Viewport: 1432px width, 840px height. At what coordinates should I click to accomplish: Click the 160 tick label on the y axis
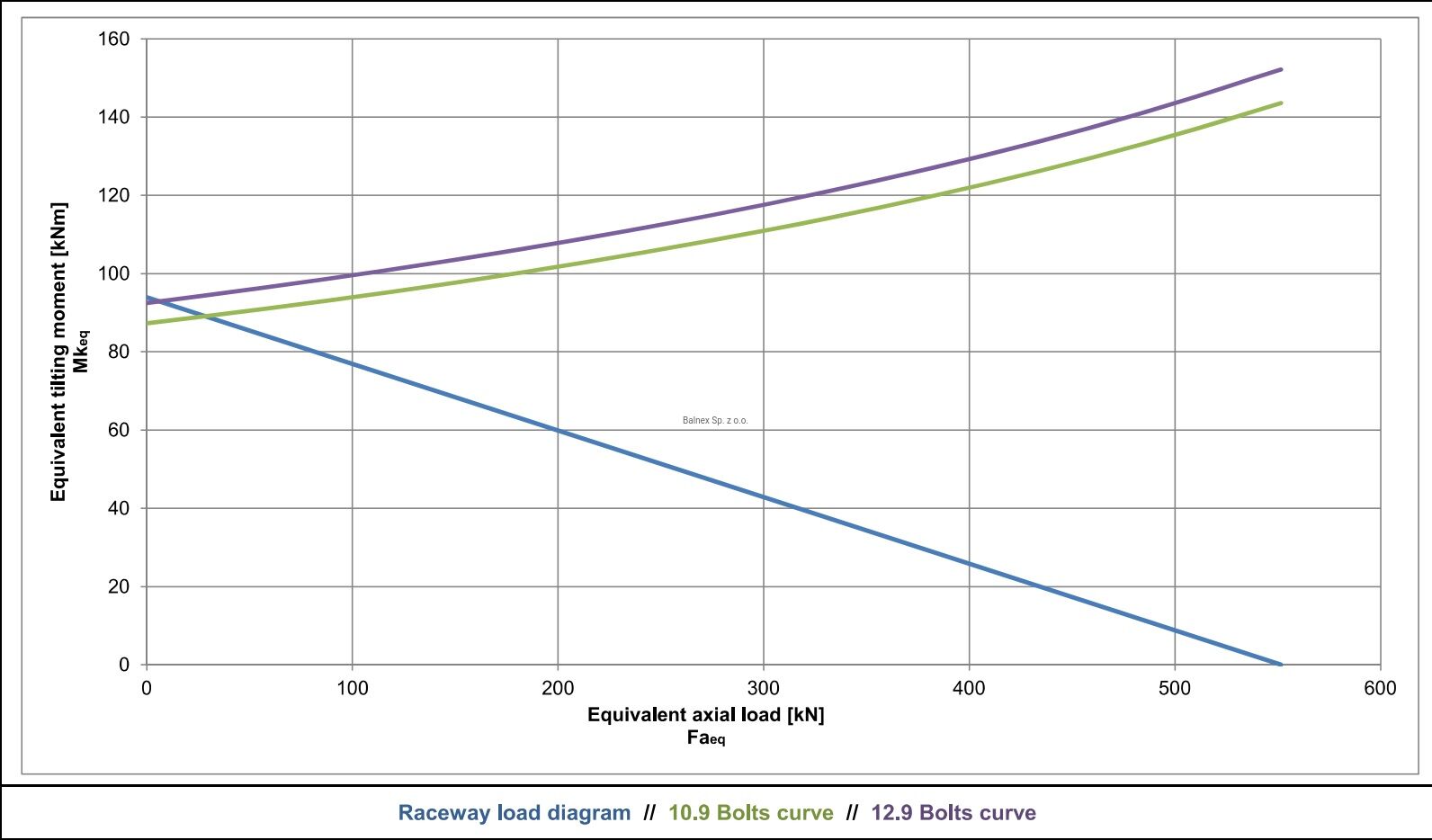(113, 39)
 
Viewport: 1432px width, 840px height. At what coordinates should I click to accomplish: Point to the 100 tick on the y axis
(113, 273)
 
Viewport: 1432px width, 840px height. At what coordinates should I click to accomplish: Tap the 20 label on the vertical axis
(119, 586)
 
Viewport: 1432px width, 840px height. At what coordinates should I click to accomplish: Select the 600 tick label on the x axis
(1380, 689)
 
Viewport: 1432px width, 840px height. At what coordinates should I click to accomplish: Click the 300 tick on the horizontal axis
(764, 689)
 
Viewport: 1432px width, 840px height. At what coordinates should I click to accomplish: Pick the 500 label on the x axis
(1175, 689)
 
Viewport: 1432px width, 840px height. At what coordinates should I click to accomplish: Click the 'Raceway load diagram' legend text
(514, 812)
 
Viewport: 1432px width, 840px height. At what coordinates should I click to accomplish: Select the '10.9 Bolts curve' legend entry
(751, 812)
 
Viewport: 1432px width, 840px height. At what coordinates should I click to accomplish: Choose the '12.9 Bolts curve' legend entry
(953, 812)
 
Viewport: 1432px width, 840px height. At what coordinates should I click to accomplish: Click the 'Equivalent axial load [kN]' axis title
(706, 715)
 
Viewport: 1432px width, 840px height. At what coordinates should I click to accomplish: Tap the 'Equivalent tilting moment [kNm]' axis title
(58, 353)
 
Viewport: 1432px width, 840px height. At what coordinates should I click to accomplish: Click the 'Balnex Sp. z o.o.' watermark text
(715, 421)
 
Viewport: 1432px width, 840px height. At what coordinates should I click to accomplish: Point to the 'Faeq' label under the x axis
(706, 737)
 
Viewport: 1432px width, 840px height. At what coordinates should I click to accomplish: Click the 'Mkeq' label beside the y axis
(81, 352)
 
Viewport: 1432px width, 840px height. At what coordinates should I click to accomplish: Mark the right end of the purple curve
(1281, 69)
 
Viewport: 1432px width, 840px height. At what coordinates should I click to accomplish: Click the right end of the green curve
(1281, 103)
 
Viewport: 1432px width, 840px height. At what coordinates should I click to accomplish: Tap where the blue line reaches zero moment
(1281, 665)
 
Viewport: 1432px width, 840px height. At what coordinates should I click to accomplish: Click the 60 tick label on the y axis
(119, 430)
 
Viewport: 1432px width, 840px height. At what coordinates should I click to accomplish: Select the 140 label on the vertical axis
(113, 117)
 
